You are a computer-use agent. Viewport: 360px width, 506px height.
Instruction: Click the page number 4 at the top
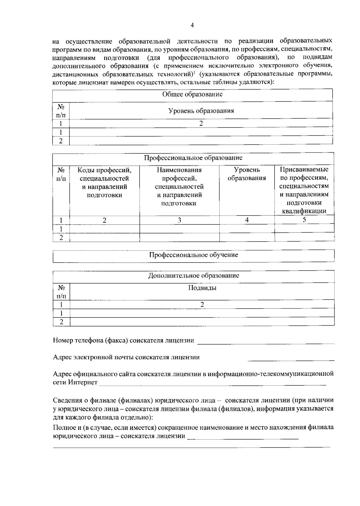click(x=192, y=25)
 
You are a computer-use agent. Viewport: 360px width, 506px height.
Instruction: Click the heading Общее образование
click(x=192, y=94)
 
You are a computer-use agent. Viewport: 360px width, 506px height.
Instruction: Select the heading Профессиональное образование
click(x=193, y=158)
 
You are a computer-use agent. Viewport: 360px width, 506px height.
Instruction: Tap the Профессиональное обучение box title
click(x=193, y=255)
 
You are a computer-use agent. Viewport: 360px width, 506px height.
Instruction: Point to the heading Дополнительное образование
click(x=193, y=276)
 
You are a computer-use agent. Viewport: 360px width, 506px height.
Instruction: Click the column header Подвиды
click(x=202, y=288)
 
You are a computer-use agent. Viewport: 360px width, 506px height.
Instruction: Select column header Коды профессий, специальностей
click(x=104, y=182)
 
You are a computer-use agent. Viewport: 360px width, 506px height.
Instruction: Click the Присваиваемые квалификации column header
click(x=304, y=190)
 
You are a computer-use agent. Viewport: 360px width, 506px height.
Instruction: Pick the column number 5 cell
click(x=304, y=220)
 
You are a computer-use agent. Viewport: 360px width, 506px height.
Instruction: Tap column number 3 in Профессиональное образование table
click(x=179, y=220)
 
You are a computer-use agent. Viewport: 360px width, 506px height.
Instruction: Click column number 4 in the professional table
click(x=247, y=220)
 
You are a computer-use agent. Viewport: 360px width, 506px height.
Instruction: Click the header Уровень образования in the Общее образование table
click(x=201, y=111)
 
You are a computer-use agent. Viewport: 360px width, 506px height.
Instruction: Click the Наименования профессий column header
click(x=179, y=187)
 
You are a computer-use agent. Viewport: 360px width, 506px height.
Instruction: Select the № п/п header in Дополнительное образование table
click(x=61, y=292)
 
